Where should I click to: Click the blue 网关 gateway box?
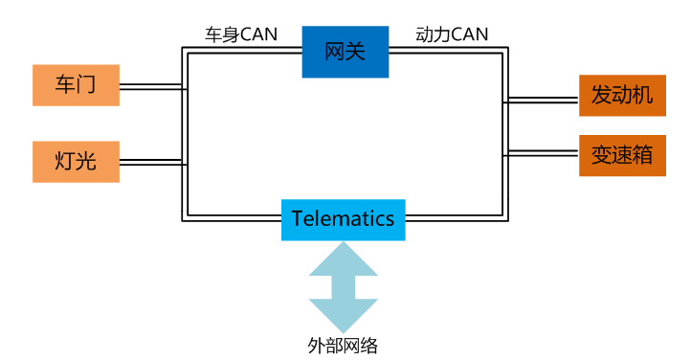[345, 52]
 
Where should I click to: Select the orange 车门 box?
[77, 85]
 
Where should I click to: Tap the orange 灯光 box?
[77, 162]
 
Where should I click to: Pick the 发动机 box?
[621, 97]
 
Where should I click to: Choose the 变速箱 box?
[621, 155]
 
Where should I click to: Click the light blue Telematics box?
[344, 219]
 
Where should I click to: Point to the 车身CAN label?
[241, 34]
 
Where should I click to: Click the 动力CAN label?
[452, 34]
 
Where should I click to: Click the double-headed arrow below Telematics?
[344, 286]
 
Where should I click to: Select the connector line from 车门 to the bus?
[152, 89]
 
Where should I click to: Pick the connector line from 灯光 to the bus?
[152, 163]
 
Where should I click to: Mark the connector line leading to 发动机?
[542, 98]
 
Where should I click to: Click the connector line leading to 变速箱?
[542, 152]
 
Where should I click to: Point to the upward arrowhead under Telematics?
[344, 258]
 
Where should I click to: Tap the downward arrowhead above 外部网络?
[344, 316]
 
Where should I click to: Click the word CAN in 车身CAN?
[258, 34]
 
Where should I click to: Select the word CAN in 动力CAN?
[469, 34]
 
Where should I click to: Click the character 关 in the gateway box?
[356, 52]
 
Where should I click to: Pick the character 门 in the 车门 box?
[88, 85]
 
